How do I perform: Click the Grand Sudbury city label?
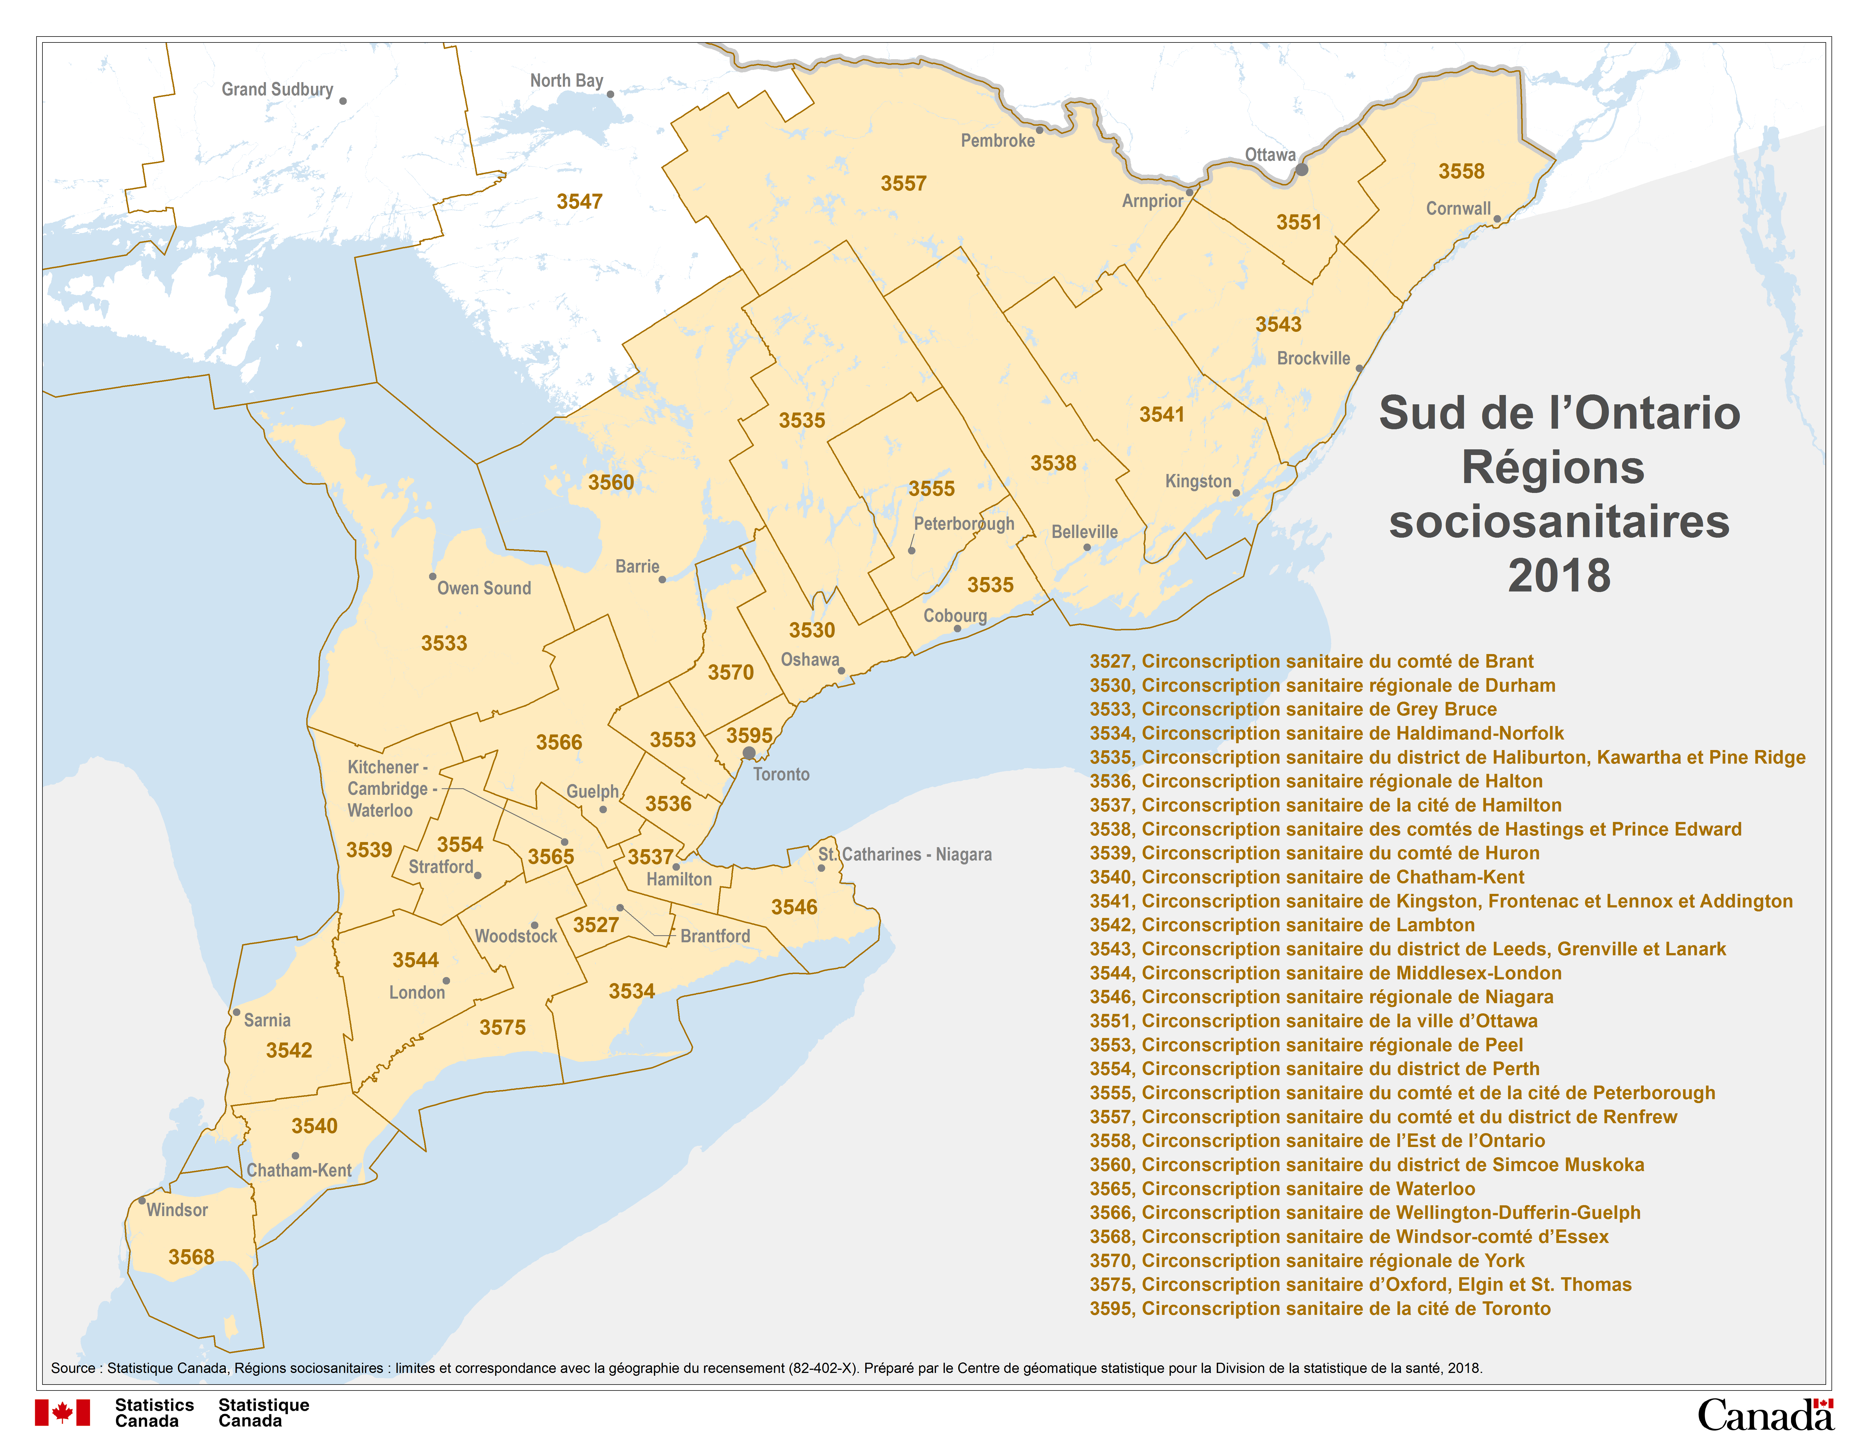pos(277,90)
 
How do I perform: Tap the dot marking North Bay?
pos(610,94)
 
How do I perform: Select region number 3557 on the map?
pos(903,184)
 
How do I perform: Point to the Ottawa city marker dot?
pos(1301,169)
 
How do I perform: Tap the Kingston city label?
pos(1198,482)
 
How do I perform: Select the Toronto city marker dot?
pos(748,753)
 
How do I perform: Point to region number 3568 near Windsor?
pos(191,1257)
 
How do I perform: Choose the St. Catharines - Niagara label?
pos(904,855)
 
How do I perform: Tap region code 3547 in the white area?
pos(579,202)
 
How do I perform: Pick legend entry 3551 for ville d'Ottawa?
pos(1313,1020)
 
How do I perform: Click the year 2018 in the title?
pos(1558,576)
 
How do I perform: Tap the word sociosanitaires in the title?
pos(1558,522)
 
